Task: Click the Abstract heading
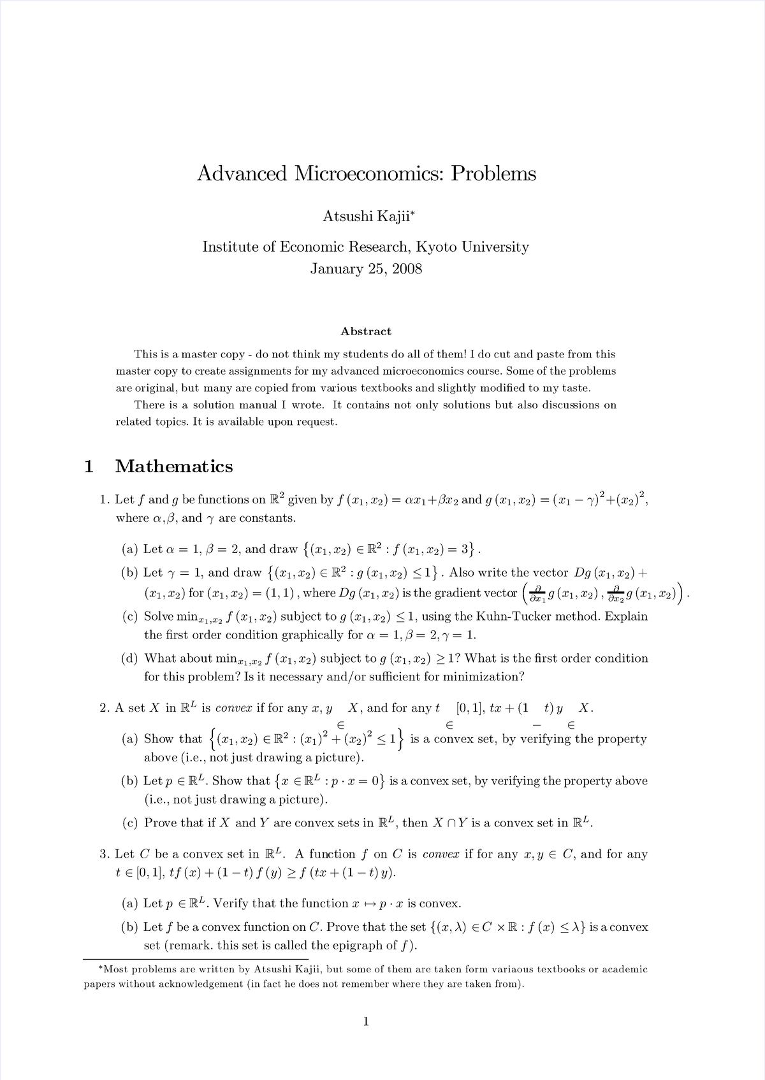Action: [366, 331]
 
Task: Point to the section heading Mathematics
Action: [174, 466]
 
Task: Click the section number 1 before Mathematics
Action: [89, 466]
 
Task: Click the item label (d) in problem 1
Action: [130, 658]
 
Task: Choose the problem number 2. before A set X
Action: [105, 708]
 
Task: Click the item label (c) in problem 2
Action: [130, 823]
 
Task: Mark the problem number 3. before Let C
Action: [105, 854]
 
